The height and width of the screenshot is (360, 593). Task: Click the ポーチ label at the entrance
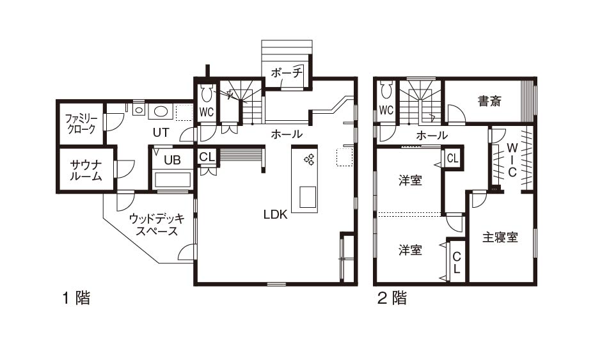click(x=287, y=72)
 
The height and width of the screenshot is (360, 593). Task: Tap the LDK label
click(x=275, y=214)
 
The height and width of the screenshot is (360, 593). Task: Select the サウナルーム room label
click(x=86, y=170)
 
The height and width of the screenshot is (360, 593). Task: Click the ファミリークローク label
click(x=81, y=123)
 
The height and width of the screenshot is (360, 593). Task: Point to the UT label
click(x=161, y=132)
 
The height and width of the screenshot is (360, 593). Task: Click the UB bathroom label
click(x=172, y=160)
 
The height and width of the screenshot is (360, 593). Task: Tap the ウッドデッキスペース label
click(x=157, y=224)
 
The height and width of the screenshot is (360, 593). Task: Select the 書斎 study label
click(x=489, y=101)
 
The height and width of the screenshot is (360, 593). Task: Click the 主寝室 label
click(x=500, y=237)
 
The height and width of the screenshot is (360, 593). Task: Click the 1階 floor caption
click(x=76, y=298)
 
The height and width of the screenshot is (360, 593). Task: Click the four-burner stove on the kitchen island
click(x=309, y=159)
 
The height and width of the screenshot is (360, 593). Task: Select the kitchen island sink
click(x=308, y=197)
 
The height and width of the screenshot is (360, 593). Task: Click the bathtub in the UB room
click(x=173, y=180)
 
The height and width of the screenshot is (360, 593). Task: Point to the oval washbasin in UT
click(x=161, y=111)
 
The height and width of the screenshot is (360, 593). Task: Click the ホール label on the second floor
click(x=432, y=136)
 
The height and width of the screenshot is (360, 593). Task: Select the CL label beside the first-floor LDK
click(x=207, y=157)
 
